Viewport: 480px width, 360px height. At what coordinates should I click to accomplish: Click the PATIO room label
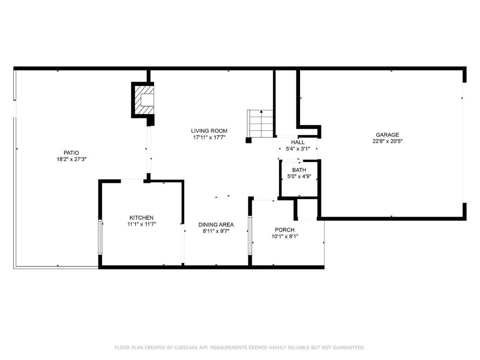click(69, 153)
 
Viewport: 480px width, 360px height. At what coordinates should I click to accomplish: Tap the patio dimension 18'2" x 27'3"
click(69, 159)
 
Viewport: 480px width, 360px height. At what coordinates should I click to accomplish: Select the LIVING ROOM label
click(209, 131)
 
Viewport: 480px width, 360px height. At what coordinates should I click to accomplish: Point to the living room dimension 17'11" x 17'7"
click(209, 137)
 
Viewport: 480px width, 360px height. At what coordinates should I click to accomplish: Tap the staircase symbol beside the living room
click(260, 124)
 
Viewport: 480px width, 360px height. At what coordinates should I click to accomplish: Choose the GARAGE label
click(387, 135)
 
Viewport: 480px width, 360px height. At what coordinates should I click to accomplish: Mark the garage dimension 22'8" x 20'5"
click(387, 141)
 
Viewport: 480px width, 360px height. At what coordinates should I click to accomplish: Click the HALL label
click(298, 142)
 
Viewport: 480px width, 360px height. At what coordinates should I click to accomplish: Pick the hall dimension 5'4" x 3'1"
click(298, 149)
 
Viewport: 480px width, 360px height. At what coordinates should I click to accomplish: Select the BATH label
click(299, 170)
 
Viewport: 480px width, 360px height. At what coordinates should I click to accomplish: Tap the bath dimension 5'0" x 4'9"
click(299, 176)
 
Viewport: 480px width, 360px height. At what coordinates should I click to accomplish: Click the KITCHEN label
click(141, 218)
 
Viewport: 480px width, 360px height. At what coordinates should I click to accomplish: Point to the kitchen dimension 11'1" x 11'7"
click(141, 224)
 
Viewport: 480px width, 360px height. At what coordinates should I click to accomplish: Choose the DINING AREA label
click(216, 225)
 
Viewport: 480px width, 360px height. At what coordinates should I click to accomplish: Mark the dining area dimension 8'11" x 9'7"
click(216, 231)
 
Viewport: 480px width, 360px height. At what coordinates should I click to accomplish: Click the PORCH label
click(285, 230)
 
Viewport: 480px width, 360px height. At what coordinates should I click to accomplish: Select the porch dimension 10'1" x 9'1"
click(285, 236)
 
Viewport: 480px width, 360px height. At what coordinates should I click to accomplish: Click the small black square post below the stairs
click(249, 140)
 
